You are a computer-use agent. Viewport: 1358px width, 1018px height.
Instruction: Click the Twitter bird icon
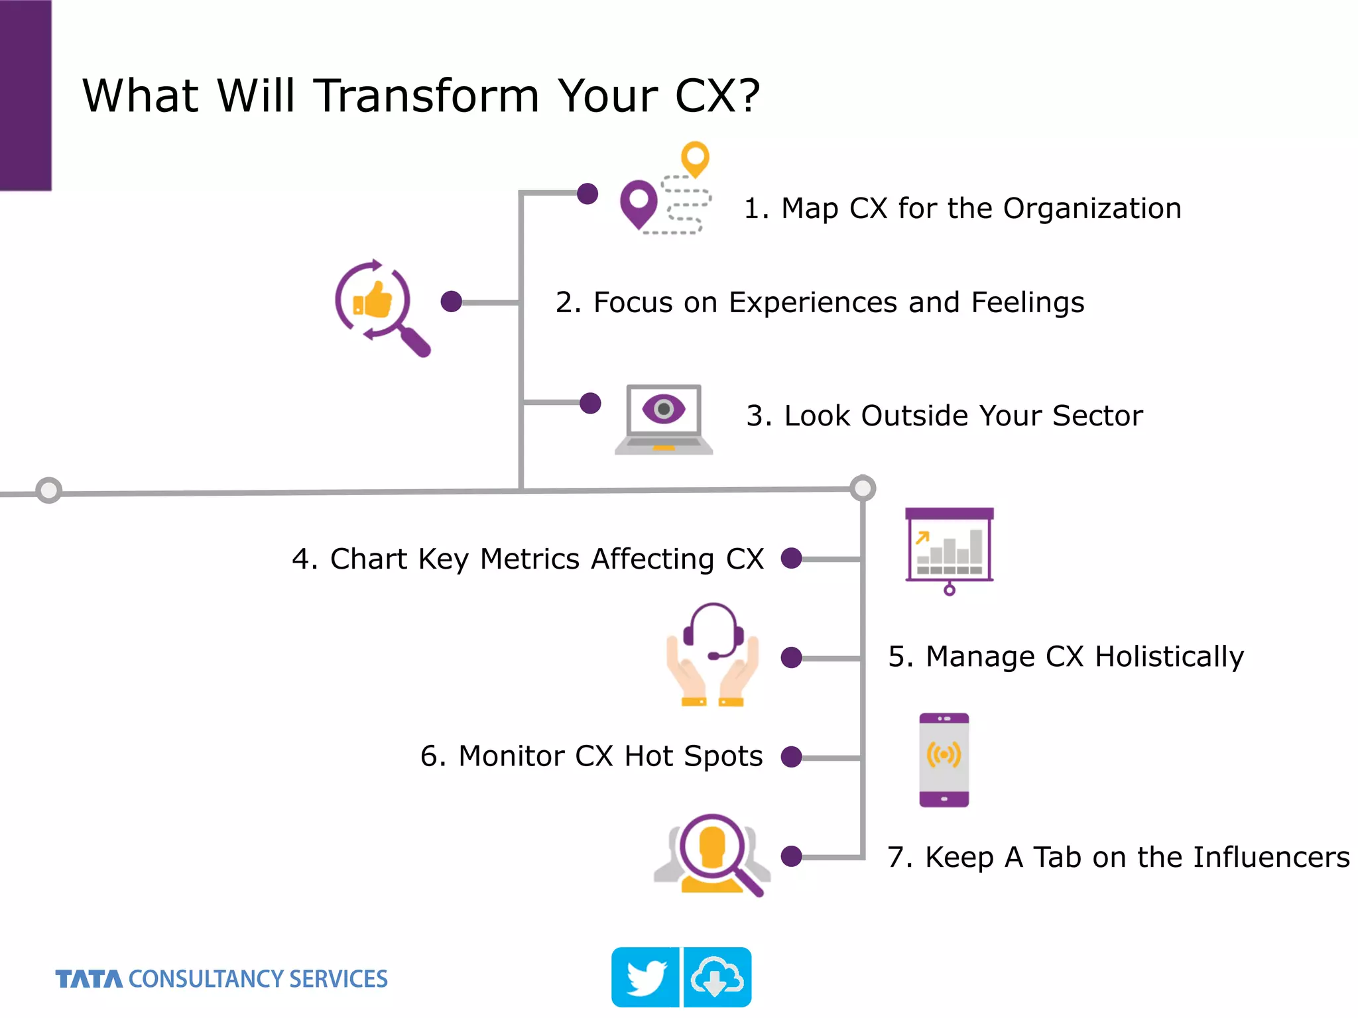click(645, 978)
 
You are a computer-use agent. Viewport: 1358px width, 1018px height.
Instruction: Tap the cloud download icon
click(717, 978)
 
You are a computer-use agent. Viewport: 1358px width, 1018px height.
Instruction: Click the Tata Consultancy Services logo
click(221, 979)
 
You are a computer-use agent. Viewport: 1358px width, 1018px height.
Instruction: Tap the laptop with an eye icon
click(664, 419)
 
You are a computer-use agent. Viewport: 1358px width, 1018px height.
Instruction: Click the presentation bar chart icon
click(949, 549)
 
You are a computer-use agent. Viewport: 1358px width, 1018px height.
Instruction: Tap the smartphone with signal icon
click(944, 760)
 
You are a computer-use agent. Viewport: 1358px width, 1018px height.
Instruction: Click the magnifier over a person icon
click(713, 855)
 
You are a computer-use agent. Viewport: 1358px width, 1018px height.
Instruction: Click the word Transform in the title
click(426, 96)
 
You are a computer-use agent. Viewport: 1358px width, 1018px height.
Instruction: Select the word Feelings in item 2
click(1028, 303)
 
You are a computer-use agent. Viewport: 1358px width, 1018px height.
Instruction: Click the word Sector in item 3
click(1097, 416)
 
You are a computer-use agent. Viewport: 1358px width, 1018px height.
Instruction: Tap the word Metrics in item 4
click(530, 559)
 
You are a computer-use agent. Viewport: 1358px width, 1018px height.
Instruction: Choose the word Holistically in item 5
click(1169, 657)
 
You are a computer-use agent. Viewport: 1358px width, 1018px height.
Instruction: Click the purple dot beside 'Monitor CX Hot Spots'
click(791, 757)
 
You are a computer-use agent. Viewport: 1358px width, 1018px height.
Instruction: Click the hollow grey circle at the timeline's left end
click(48, 490)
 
